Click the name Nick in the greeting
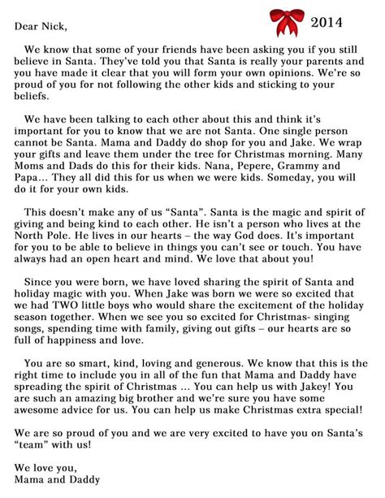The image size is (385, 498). click(56, 25)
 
